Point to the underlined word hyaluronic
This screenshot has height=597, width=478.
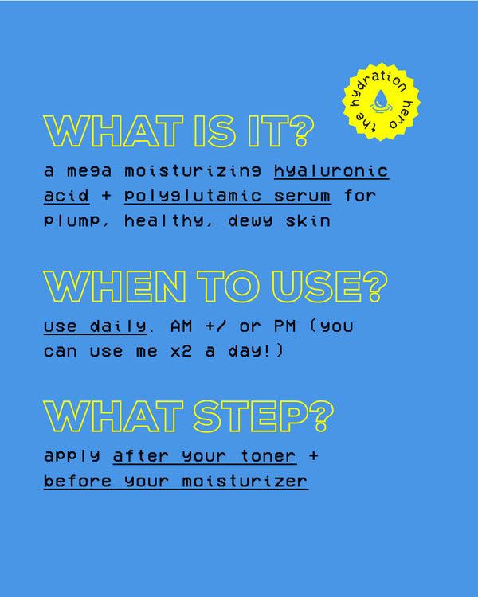[x=331, y=172]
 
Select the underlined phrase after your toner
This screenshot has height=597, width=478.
[x=206, y=457]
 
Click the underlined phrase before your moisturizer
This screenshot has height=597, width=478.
[x=176, y=482]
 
